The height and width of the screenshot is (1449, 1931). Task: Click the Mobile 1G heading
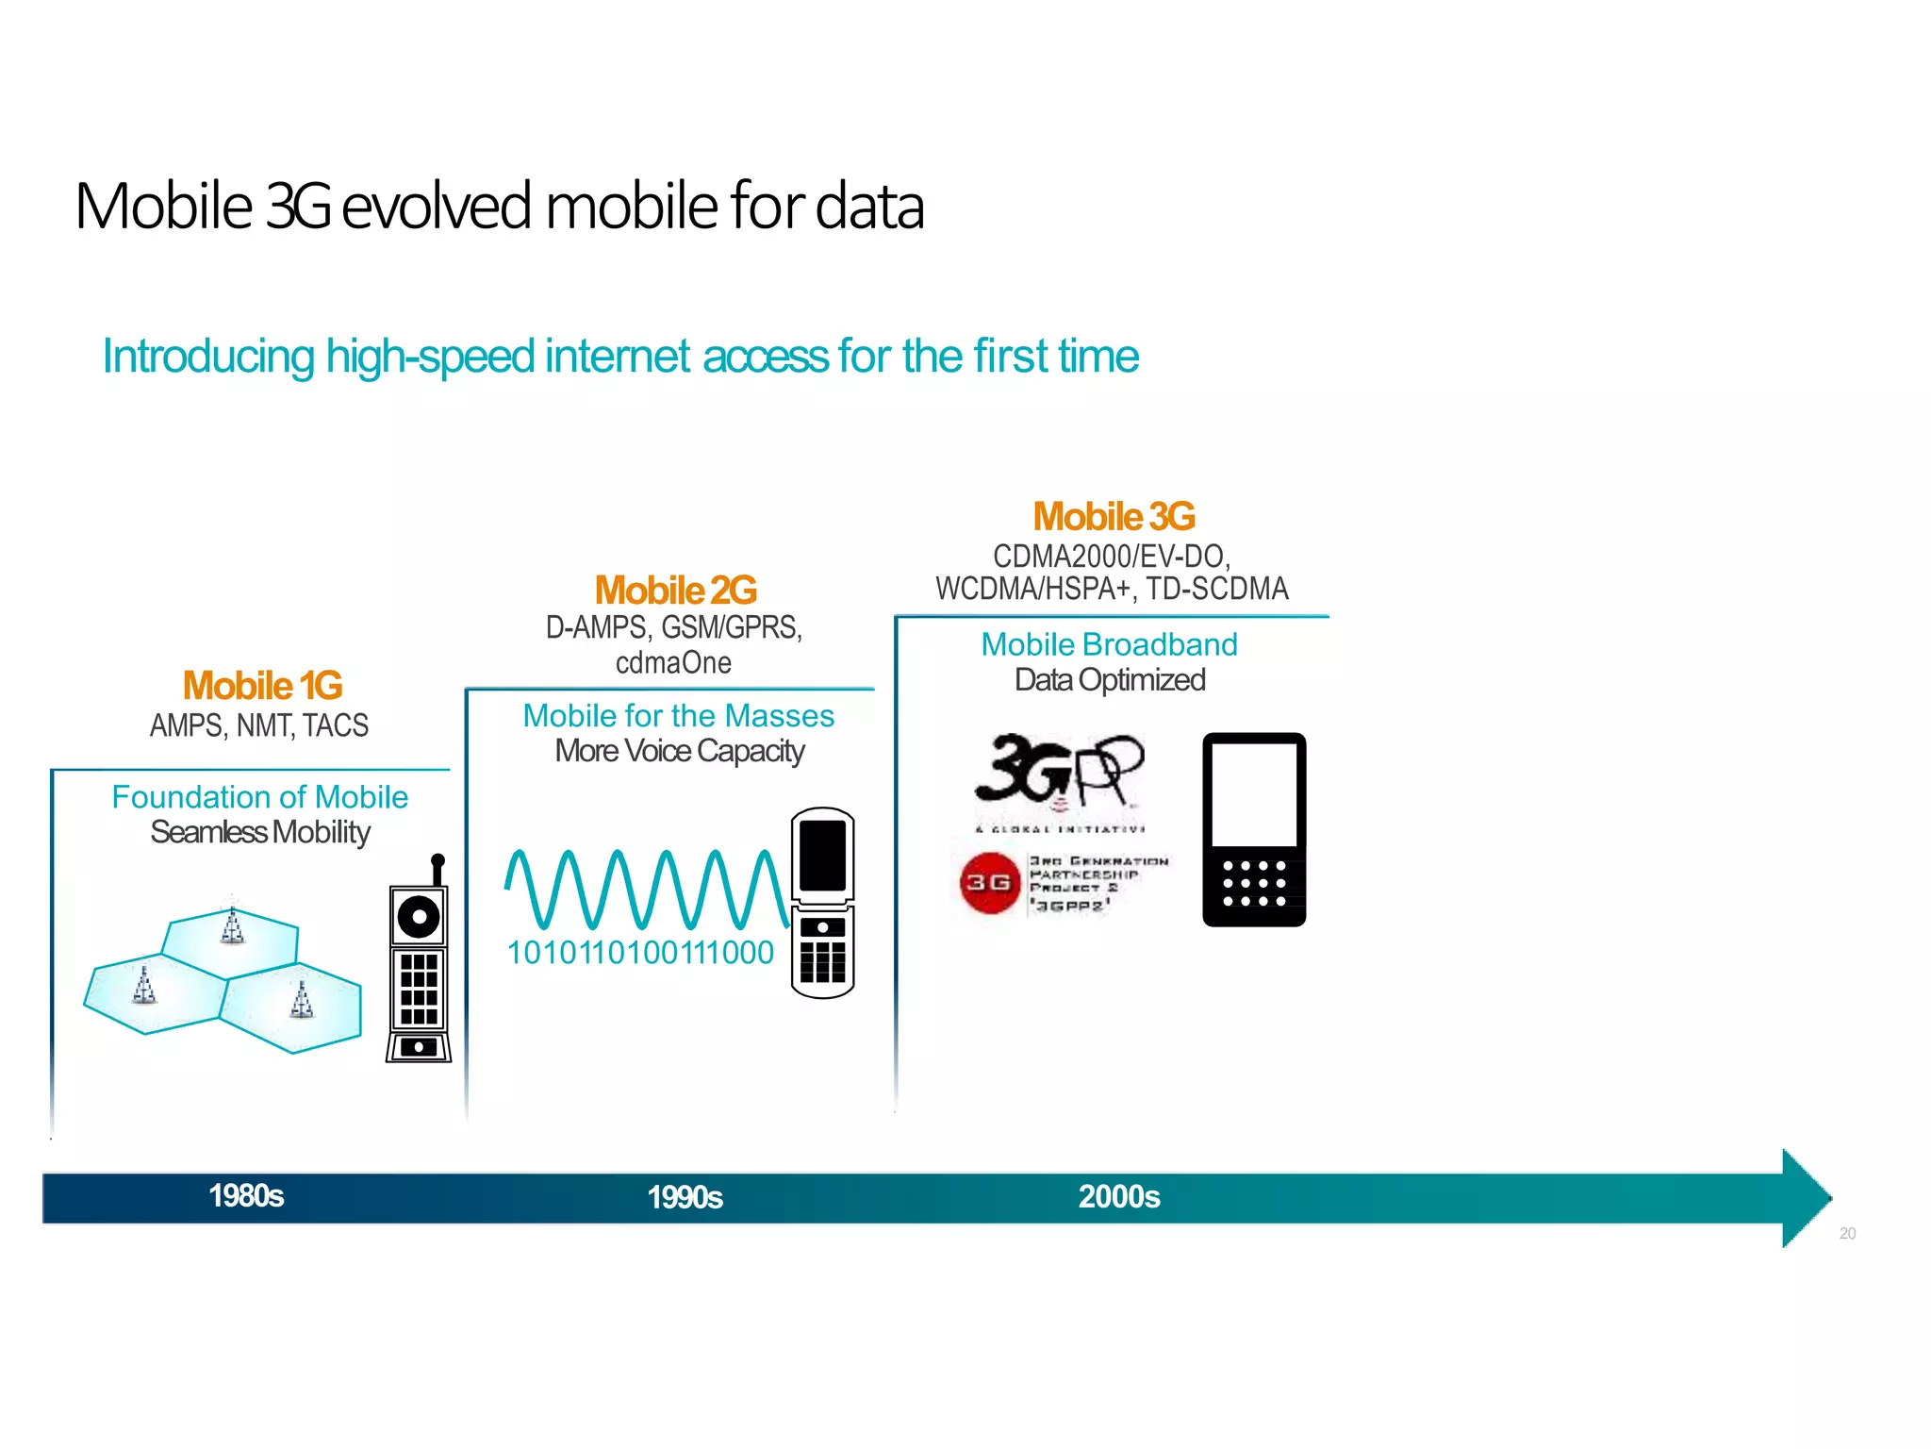[x=262, y=686]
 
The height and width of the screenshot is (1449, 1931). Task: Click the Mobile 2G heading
[x=675, y=591]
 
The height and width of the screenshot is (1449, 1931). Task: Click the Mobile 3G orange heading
[x=1114, y=517]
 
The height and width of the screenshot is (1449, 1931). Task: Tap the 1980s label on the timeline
[x=246, y=1196]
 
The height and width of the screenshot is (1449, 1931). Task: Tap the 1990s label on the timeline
[x=685, y=1198]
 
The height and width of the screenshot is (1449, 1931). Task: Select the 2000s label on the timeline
[x=1118, y=1197]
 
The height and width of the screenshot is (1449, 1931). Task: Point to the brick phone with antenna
[x=419, y=967]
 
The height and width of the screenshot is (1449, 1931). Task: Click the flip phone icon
[x=822, y=903]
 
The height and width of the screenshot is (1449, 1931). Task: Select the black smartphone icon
[x=1254, y=829]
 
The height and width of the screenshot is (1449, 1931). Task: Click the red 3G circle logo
[x=989, y=883]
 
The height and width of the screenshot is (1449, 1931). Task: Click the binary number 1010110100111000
[x=640, y=953]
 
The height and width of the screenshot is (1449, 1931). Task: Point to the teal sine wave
[x=646, y=889]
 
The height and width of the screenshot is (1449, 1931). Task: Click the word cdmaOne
[x=673, y=663]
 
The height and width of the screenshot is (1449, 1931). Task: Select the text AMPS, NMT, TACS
[x=259, y=725]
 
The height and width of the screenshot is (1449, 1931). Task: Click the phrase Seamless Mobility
[x=260, y=833]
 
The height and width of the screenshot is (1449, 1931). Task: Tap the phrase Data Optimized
[x=1110, y=680]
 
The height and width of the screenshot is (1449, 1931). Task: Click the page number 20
[x=1847, y=1234]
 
